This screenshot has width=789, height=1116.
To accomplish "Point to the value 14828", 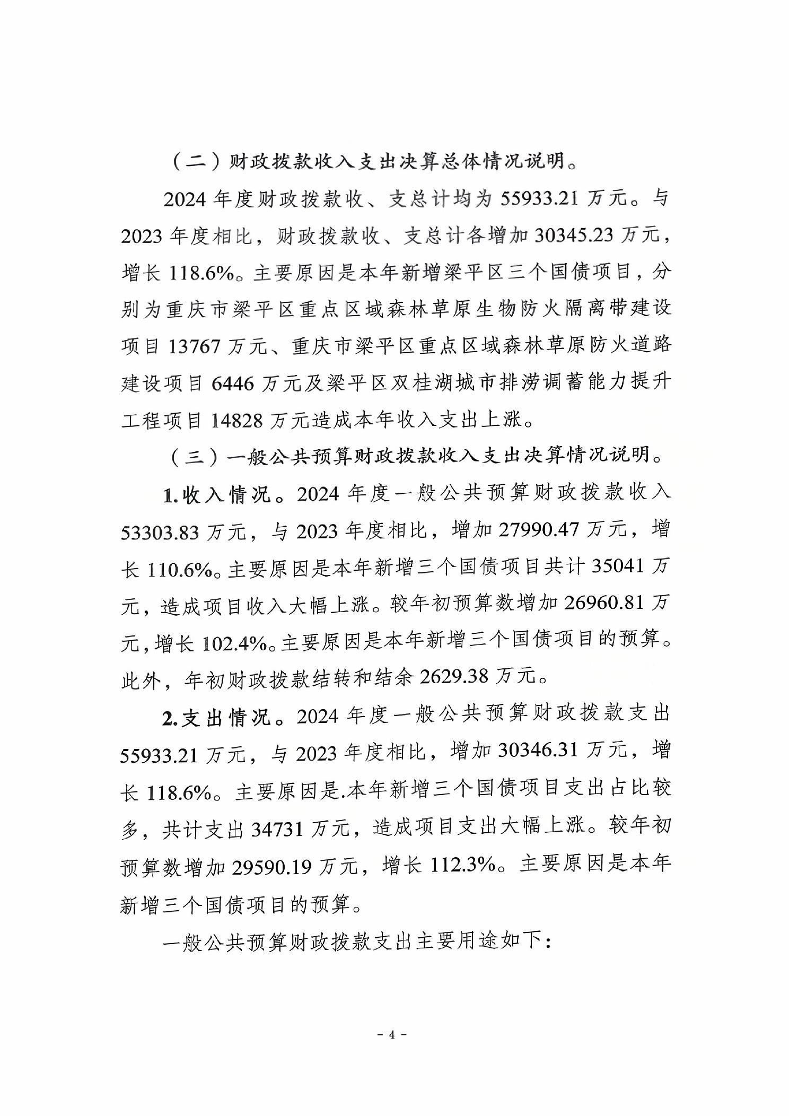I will coord(237,421).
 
